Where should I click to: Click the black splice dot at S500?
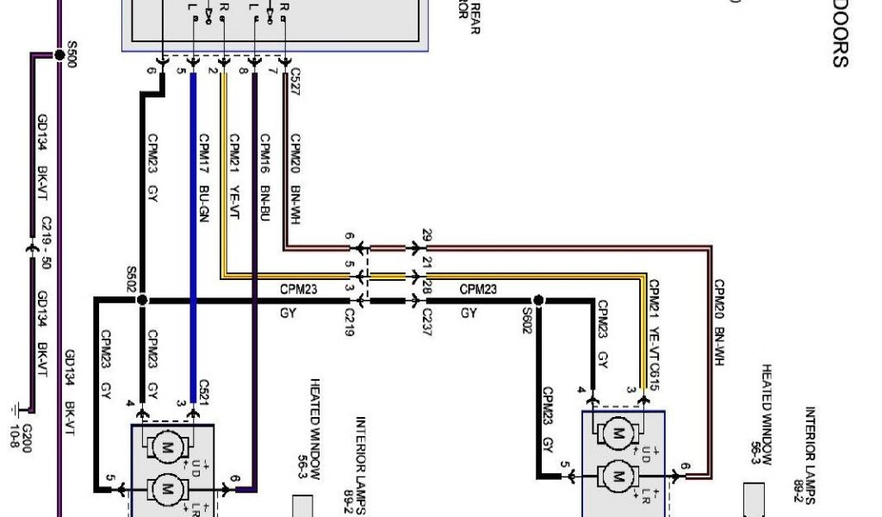click(59, 55)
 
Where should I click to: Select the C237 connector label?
click(425, 320)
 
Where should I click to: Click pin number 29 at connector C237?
click(425, 235)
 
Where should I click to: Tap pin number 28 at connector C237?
click(425, 288)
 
